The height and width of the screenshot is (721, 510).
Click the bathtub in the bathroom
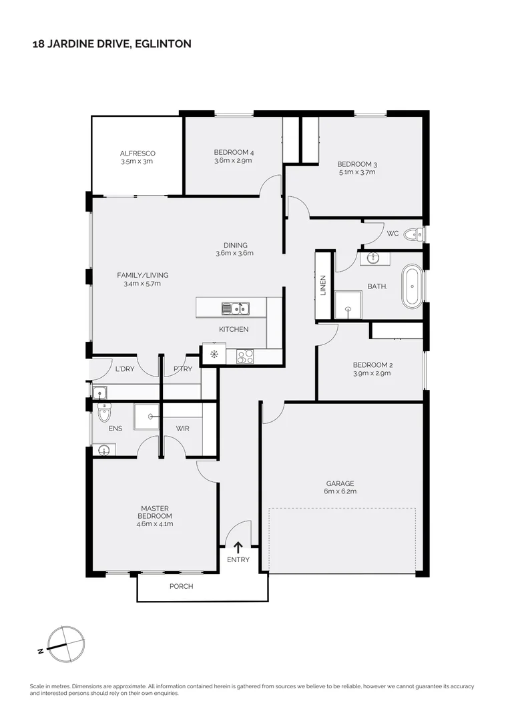[x=411, y=286]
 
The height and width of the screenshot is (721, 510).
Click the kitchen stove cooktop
[x=244, y=357]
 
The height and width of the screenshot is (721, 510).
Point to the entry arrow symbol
[x=238, y=547]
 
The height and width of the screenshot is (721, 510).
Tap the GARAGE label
[x=340, y=483]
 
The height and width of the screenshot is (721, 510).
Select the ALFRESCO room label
[x=138, y=154]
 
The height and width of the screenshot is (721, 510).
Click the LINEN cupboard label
[x=323, y=286]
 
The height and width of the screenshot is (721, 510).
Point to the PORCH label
[x=181, y=586]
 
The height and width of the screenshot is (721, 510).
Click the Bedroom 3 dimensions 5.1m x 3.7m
[x=357, y=172]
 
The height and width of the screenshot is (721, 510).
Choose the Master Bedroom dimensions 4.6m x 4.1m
[x=155, y=524]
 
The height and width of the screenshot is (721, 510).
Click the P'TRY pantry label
[x=182, y=369]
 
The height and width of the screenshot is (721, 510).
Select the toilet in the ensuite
[x=103, y=415]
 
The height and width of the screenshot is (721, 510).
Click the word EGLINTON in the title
[x=164, y=44]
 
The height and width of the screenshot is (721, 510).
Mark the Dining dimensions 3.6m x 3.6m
[x=234, y=253]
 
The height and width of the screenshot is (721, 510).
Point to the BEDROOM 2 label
[x=372, y=365]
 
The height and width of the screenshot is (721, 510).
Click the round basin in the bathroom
[x=372, y=258]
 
